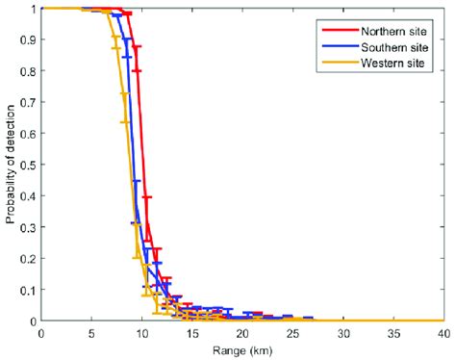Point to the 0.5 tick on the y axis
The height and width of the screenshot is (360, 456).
[x=27, y=165]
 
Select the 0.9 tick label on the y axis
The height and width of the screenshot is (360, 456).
[x=27, y=39]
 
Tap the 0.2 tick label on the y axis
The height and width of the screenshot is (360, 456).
[x=27, y=258]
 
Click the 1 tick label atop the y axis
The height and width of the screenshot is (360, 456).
[x=32, y=9]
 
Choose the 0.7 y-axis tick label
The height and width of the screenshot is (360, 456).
[x=27, y=102]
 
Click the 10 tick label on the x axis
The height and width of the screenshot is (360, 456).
[x=141, y=333]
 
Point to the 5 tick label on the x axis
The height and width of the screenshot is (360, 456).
[x=90, y=333]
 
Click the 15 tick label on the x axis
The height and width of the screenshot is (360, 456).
[x=191, y=333]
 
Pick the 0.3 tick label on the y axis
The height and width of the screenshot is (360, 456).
[x=27, y=227]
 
